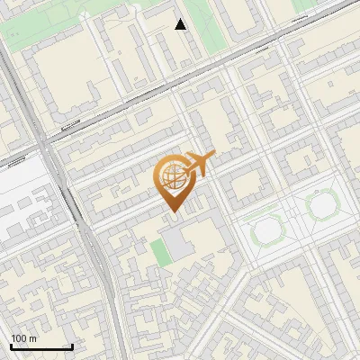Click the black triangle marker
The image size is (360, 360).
click(181, 24)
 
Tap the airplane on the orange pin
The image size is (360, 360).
click(197, 165)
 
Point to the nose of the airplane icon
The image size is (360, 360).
click(212, 157)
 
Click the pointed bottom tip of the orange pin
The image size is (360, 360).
click(172, 212)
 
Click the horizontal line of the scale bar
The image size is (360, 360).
click(41, 346)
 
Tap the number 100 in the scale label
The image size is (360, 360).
click(19, 338)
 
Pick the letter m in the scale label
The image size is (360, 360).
click(33, 338)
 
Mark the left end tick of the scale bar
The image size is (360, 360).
click(11, 345)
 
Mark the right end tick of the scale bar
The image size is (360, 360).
click(72, 345)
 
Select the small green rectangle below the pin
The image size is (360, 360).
click(160, 253)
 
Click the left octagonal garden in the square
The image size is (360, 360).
click(267, 231)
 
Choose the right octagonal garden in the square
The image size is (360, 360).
click(322, 206)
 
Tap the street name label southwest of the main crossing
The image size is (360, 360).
click(15, 163)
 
